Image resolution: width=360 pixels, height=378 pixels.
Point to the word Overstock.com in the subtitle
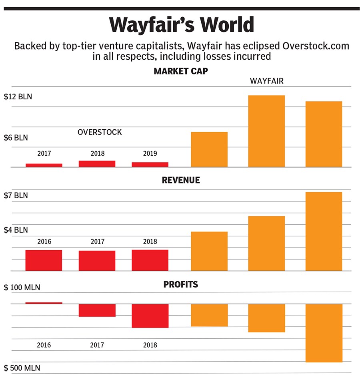(315, 46)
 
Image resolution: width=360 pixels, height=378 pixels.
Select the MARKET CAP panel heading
(181, 72)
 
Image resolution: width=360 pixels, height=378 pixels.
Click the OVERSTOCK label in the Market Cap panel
(100, 132)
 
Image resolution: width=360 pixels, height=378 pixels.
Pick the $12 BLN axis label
(18, 97)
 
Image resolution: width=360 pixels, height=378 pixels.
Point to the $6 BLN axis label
(16, 138)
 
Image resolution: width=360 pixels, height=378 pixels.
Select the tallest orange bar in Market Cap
(266, 131)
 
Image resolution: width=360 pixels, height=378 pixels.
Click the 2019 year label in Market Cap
(150, 153)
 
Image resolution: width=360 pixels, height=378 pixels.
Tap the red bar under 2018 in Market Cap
(97, 164)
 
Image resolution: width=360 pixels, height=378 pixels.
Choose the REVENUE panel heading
(181, 181)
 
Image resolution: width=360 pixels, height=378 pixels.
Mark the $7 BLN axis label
(16, 196)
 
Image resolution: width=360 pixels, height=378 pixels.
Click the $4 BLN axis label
(16, 230)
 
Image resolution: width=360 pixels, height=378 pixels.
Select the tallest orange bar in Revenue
(324, 231)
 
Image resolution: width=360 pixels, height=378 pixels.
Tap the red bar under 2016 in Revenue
(44, 260)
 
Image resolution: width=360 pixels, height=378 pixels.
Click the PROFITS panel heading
(180, 285)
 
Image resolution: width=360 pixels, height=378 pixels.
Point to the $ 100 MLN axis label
(20, 288)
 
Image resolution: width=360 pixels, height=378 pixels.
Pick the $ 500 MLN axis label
(20, 368)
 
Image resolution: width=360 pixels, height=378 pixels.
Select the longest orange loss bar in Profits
(324, 333)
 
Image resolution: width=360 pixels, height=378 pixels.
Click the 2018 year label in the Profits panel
(150, 345)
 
